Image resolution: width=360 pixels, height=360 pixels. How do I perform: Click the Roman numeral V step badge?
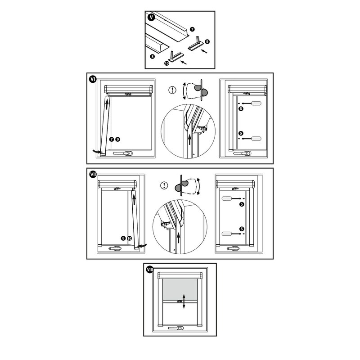click(151, 17)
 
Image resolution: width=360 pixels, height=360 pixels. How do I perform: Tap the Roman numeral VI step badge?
click(93, 80)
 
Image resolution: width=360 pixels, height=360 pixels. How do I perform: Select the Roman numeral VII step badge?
click(93, 175)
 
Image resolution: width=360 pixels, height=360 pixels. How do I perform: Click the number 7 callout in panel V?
click(193, 29)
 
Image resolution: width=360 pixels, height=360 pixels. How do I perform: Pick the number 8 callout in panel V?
click(153, 56)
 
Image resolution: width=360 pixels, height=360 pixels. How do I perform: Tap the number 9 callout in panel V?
click(207, 41)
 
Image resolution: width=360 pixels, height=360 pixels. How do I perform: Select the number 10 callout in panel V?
click(167, 63)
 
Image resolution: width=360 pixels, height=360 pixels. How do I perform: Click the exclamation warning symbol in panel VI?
click(172, 90)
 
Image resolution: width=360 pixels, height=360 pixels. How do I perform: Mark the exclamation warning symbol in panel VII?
click(164, 185)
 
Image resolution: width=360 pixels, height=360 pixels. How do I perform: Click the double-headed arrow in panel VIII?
click(184, 301)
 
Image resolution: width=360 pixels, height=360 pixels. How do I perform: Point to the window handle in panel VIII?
click(175, 328)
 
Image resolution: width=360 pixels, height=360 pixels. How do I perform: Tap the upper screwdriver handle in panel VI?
click(256, 103)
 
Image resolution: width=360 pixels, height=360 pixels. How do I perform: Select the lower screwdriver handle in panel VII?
click(226, 234)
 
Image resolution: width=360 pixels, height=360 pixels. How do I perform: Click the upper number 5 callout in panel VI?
click(241, 108)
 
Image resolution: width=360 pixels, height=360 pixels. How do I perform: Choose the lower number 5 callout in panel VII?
click(242, 229)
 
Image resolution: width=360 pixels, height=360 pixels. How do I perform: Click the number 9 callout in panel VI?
click(117, 139)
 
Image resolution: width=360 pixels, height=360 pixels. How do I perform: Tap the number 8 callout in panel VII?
click(123, 238)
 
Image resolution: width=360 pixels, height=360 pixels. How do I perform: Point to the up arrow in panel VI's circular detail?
click(189, 140)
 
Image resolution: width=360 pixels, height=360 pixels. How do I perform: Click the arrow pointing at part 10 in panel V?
click(184, 62)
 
